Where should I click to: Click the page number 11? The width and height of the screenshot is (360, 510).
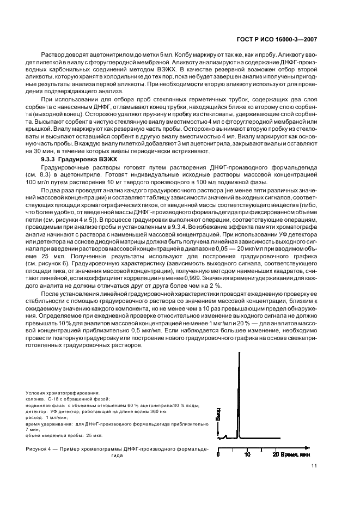click(314, 465)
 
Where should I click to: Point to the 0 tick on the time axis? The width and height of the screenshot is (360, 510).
click(218, 453)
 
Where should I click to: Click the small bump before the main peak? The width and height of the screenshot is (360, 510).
click(225, 435)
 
